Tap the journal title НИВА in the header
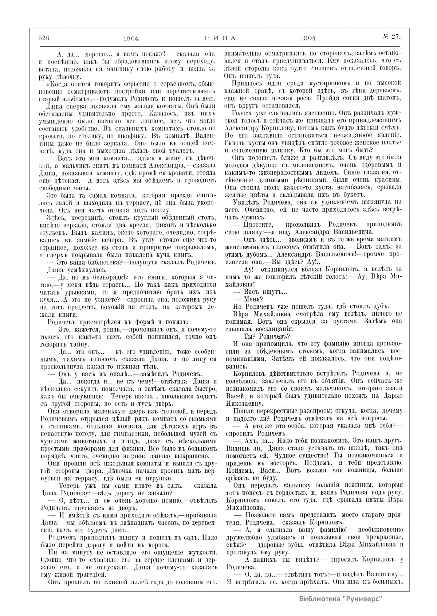point(219,38)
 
